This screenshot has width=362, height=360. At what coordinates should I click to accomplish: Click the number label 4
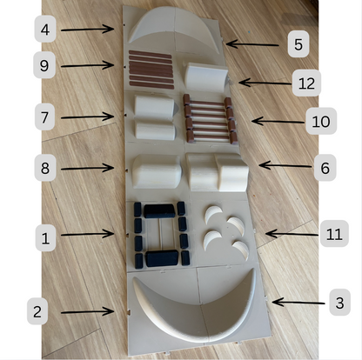[45, 30]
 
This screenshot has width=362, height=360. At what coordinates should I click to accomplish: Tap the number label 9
[44, 65]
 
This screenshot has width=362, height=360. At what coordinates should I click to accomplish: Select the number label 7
[44, 117]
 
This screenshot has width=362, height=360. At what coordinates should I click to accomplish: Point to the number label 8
[45, 168]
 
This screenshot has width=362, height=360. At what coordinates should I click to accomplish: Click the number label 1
[45, 238]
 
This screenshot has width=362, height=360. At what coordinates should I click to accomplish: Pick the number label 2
[37, 311]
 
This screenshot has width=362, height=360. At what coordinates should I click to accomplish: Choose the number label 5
[298, 44]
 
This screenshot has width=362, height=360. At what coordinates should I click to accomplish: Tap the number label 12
[306, 83]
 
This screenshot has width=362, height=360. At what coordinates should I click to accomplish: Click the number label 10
[321, 121]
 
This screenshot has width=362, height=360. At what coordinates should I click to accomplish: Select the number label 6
[325, 168]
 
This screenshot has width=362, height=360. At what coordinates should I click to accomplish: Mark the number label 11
[334, 234]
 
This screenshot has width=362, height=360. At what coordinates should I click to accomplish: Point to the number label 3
[340, 303]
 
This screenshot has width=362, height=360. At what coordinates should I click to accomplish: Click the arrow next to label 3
[298, 303]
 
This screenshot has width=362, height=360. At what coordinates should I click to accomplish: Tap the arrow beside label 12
[265, 83]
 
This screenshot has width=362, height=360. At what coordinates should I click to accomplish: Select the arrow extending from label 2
[87, 312]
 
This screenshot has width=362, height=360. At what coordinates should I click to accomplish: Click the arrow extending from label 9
[87, 65]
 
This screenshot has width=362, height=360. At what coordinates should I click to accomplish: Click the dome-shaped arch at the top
[174, 28]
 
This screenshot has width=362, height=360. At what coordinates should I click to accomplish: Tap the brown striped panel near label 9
[151, 70]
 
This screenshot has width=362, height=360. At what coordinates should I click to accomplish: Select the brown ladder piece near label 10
[211, 119]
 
